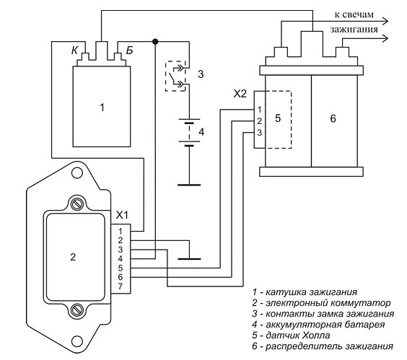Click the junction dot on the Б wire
point(155,42)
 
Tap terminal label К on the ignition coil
point(74,51)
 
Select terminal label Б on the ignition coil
point(129,51)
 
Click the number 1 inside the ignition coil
point(102,107)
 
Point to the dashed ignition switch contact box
point(176,76)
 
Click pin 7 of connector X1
point(121,286)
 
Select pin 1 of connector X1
point(121,231)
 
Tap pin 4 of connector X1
point(121,258)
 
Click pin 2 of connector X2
point(259,121)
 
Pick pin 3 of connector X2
point(259,133)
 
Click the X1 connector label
point(122,215)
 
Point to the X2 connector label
point(240,94)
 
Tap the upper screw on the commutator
point(77,204)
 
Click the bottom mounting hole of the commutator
point(77,341)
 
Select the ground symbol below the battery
point(189,185)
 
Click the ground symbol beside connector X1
point(189,259)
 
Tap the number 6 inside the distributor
point(333,118)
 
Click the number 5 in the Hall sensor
point(278,118)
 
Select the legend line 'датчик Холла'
point(291,335)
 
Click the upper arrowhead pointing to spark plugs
point(385,21)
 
